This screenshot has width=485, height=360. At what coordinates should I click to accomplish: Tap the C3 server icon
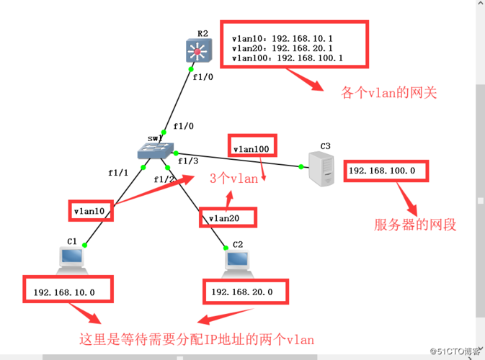tap(320, 169)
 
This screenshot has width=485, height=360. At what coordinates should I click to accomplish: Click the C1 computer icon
tap(71, 257)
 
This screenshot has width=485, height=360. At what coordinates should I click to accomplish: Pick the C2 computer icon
tap(237, 261)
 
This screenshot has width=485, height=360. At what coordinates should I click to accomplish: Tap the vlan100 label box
tap(252, 149)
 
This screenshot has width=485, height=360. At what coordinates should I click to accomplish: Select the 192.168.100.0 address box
tap(386, 171)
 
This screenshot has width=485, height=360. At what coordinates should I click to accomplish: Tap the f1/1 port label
tap(117, 173)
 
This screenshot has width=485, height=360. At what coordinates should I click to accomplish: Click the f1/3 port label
tap(188, 161)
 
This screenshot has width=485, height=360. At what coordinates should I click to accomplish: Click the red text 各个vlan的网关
tap(389, 93)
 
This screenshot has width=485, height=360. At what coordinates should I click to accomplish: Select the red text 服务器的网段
tap(415, 225)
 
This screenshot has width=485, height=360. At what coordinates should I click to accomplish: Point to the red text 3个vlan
tap(233, 179)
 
